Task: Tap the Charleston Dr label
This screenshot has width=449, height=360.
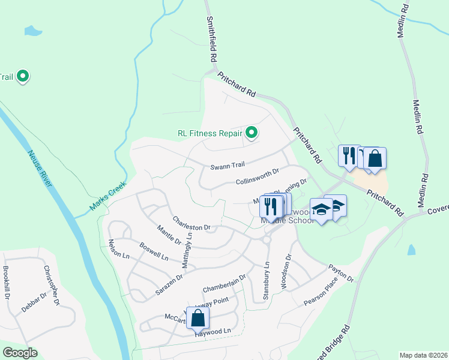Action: coord(191,223)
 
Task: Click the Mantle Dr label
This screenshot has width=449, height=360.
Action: coord(169,234)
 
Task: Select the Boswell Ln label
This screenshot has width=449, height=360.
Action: coord(154,251)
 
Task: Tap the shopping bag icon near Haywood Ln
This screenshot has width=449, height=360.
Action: coord(198,318)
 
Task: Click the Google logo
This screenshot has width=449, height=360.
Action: coord(20,353)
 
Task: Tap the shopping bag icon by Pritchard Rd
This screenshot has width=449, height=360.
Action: coord(375,158)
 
